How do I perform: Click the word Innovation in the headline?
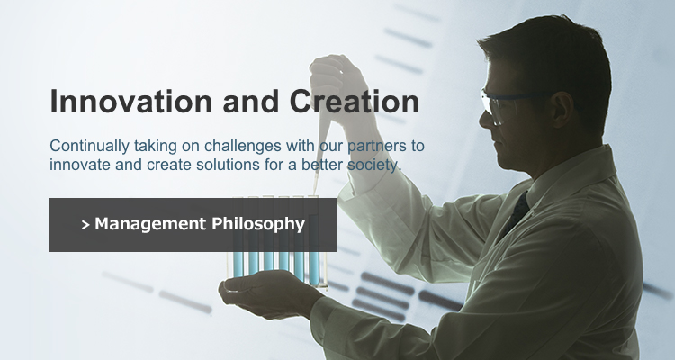131,101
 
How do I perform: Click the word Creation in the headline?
355,101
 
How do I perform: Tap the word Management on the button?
150,224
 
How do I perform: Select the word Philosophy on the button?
258,224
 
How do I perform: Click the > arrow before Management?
85,225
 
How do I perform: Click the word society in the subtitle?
373,165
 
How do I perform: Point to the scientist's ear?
562,110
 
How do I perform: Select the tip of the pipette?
315,193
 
